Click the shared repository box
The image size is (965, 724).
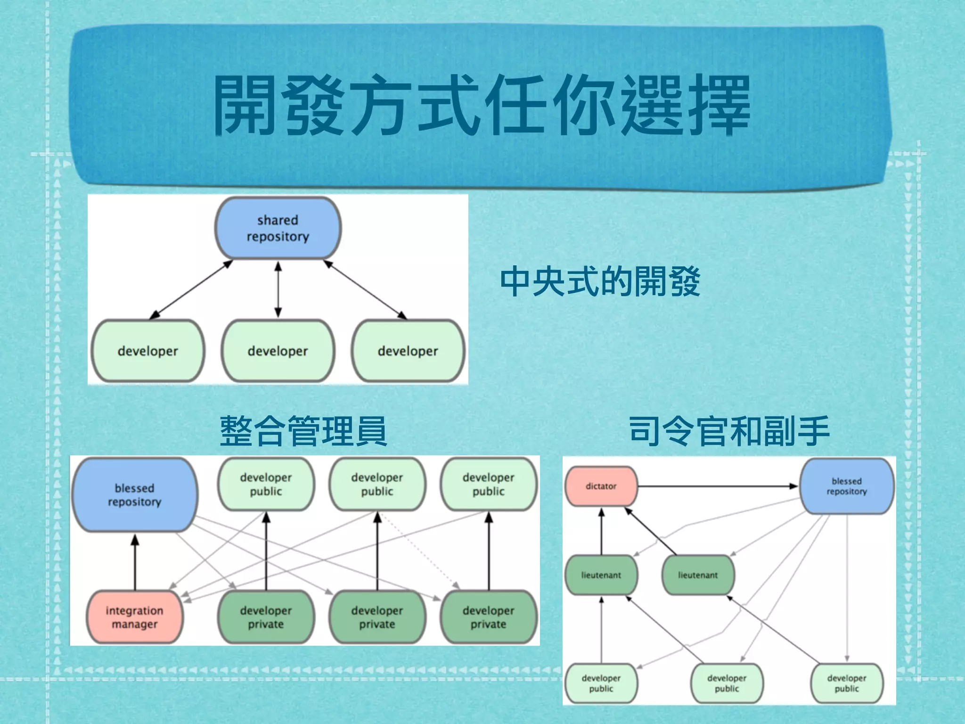pos(278,228)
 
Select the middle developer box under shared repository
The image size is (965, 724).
pos(278,351)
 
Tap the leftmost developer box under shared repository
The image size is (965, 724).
pos(147,351)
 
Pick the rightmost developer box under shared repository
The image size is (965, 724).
pos(408,351)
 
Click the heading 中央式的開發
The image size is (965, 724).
pos(600,281)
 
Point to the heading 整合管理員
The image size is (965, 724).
pos(303,431)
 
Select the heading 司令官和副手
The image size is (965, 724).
pos(729,431)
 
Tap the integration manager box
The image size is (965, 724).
pos(134,617)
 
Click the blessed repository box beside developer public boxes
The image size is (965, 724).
pos(134,495)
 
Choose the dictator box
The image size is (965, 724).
pos(601,486)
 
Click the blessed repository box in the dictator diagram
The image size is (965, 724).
pos(846,486)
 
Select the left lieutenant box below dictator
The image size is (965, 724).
pos(601,575)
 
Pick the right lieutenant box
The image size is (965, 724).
pos(698,575)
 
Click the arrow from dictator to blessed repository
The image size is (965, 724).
pos(716,486)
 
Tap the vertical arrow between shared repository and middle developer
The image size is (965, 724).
pos(278,289)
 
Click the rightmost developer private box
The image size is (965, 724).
pos(488,617)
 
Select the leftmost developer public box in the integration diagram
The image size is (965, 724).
pos(266,484)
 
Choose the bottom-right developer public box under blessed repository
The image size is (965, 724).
pos(846,683)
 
